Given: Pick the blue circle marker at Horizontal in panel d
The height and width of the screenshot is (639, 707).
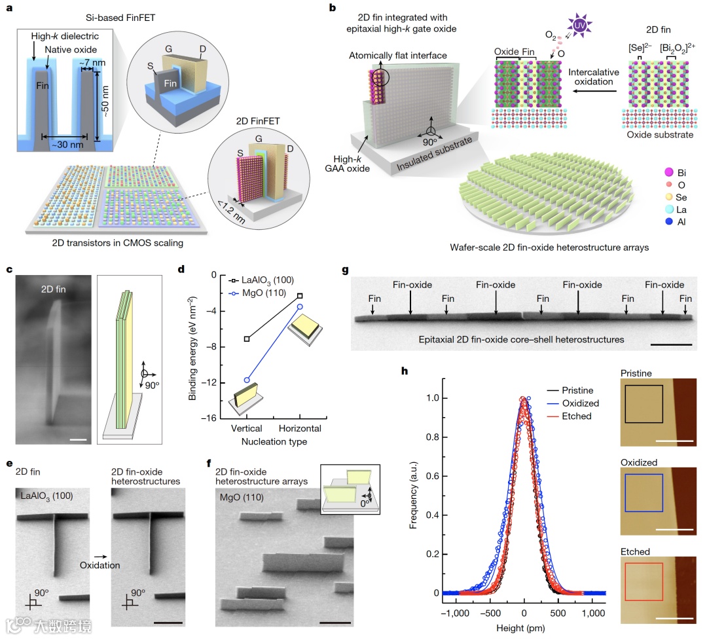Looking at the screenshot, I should (300, 306).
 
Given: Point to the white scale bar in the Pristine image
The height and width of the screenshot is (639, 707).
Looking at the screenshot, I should (673, 441).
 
